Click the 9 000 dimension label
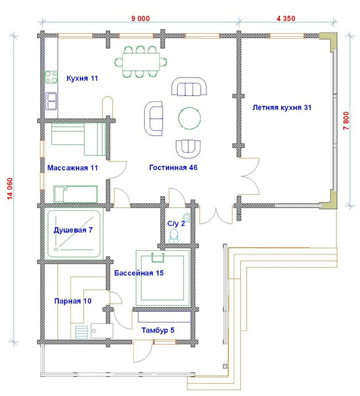[x=141, y=18]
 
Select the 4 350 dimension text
[x=285, y=18]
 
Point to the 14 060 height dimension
[x=10, y=188]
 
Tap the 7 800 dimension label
[x=346, y=121]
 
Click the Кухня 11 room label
[x=82, y=78]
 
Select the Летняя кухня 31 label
[x=282, y=108]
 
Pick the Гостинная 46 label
[x=173, y=168]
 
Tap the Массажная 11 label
[x=73, y=168]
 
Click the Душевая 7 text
[x=73, y=230]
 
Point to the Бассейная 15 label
[x=139, y=273]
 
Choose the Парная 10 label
[x=73, y=301]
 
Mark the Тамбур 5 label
[x=158, y=330]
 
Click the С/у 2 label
[x=176, y=224]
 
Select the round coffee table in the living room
[x=190, y=118]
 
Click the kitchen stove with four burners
[x=51, y=77]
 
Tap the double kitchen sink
[x=51, y=101]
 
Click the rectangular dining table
[x=141, y=62]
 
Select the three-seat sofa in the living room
[x=189, y=87]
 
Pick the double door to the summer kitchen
[x=249, y=177]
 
